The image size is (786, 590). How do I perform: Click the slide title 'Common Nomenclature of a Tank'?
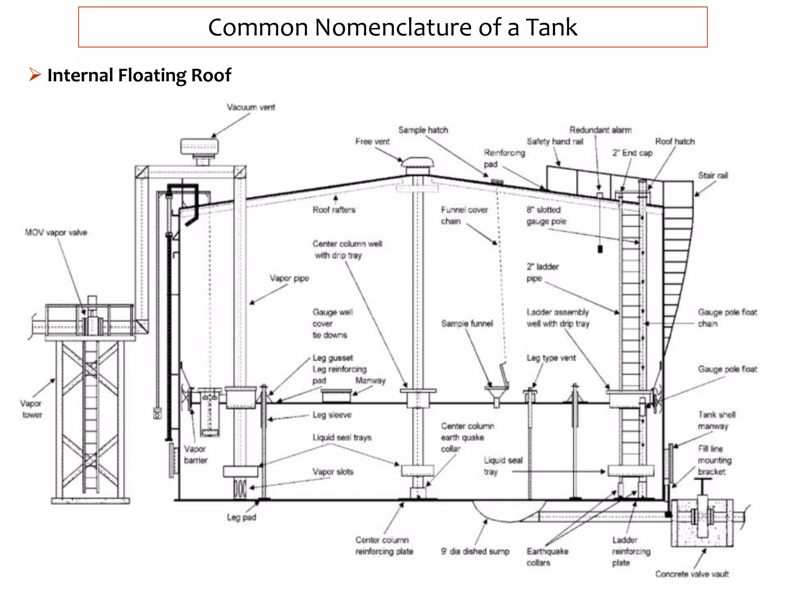(x=392, y=27)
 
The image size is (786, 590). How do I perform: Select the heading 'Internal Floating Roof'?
(x=139, y=75)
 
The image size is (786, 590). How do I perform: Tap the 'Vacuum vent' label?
(x=251, y=107)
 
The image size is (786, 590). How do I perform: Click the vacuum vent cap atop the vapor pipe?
(x=200, y=147)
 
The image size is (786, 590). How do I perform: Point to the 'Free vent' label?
(x=372, y=141)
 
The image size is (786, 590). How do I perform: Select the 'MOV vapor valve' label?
(x=56, y=232)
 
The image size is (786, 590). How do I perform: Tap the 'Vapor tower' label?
(x=31, y=409)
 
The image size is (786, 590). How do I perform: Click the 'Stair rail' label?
(x=713, y=176)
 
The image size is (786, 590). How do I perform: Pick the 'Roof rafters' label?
(x=334, y=210)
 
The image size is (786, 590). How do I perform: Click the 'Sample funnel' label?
(x=467, y=323)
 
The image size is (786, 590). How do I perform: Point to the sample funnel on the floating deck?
(x=496, y=394)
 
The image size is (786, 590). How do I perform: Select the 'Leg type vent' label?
(x=551, y=358)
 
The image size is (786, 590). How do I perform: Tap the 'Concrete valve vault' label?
(x=692, y=574)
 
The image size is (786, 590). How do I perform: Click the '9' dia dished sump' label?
(x=475, y=551)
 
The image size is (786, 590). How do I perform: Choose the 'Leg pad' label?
(x=241, y=517)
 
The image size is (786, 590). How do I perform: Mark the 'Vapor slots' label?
(x=333, y=472)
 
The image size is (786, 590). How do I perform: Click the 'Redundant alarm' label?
(x=600, y=130)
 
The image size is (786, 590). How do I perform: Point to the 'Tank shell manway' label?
(x=717, y=420)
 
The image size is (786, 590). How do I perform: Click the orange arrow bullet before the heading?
(x=35, y=74)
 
